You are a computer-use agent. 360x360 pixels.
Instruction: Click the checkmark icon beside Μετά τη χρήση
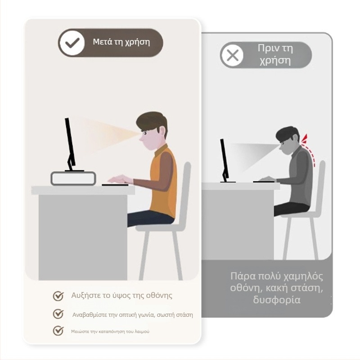point(72,43)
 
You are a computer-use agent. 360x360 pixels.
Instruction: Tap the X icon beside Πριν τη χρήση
point(232,55)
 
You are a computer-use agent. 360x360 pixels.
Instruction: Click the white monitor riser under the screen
point(73,178)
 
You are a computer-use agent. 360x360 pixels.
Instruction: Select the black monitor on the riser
point(71,144)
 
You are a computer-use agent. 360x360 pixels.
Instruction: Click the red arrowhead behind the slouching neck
point(305,139)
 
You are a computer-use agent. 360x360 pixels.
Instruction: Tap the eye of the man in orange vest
point(145,133)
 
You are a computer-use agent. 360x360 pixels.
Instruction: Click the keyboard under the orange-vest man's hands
point(115,184)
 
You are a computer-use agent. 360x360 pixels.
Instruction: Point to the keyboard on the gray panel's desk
point(264,182)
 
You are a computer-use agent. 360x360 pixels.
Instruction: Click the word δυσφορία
point(277,300)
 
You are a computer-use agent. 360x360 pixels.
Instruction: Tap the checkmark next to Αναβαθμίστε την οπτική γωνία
point(58,314)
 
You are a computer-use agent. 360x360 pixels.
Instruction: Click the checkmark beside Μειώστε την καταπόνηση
point(58,331)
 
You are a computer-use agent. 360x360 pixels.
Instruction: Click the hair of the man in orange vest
point(152,121)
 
